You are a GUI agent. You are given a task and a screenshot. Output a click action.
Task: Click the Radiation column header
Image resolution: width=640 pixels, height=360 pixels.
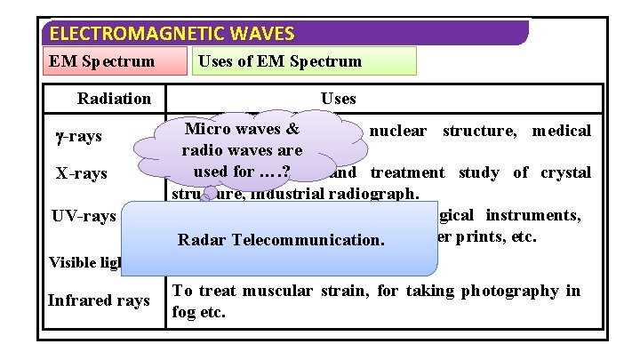(x=114, y=98)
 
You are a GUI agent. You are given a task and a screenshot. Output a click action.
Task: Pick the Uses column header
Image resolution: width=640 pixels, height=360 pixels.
(x=338, y=98)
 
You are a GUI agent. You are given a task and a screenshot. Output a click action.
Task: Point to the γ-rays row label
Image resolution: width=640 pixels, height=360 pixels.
(x=78, y=136)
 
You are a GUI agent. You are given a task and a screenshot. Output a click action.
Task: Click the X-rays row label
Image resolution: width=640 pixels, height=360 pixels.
(x=82, y=173)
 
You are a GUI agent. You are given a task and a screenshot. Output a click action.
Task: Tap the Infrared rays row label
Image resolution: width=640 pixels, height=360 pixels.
(x=99, y=300)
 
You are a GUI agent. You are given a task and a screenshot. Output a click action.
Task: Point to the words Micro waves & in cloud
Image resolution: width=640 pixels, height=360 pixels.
(x=241, y=129)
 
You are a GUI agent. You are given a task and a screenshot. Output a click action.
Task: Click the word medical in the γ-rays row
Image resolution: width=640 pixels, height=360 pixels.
(x=562, y=131)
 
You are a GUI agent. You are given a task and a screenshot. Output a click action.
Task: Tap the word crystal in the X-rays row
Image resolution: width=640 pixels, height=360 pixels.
(x=565, y=172)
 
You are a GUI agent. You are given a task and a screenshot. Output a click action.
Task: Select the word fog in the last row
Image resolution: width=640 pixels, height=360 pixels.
(x=184, y=312)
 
